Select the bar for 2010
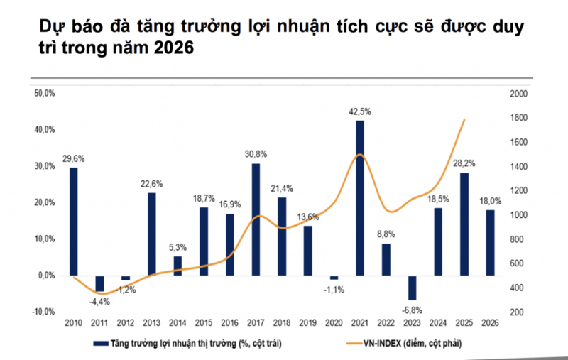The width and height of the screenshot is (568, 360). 73,221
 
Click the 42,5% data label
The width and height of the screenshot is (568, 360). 360,111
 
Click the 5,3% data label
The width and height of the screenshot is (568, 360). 177,247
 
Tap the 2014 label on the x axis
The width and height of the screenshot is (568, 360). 177,323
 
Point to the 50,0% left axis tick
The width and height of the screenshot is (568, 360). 45,94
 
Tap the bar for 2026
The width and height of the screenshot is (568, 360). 490,242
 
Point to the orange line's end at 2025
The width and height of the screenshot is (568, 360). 464,119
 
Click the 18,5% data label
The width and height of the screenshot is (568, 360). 438,199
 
